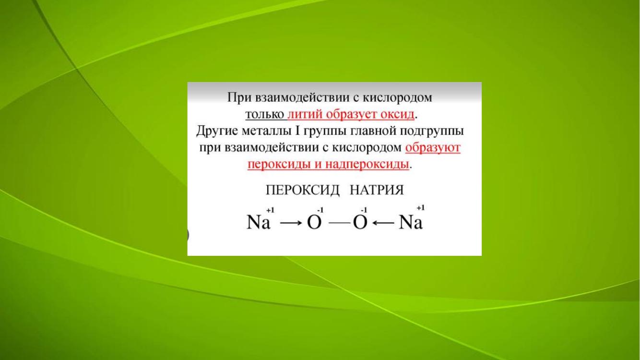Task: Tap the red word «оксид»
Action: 398,114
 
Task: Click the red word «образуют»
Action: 433,148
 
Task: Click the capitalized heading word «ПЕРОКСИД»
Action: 303,190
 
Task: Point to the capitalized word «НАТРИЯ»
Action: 377,190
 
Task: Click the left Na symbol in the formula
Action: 258,222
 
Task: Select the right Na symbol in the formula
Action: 411,222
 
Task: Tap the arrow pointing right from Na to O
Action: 291,223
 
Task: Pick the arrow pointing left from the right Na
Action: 383,223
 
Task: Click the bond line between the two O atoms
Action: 340,223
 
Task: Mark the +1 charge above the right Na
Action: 421,208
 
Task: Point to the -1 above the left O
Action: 320,210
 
